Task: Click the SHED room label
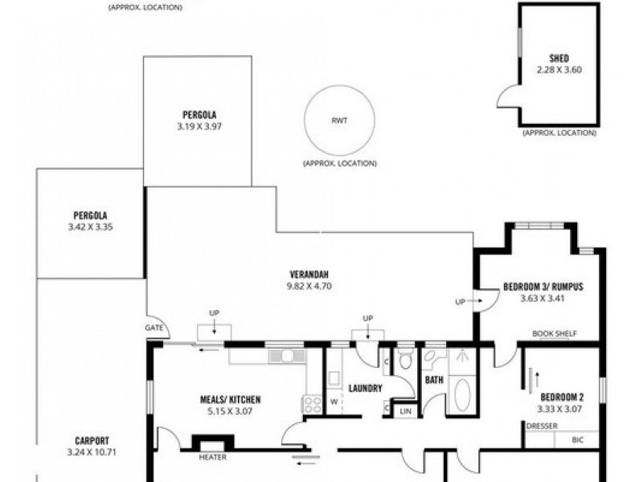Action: coord(559,58)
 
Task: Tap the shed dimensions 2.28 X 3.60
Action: coord(559,70)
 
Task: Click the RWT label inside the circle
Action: coord(339,120)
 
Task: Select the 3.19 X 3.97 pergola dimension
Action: coord(199,127)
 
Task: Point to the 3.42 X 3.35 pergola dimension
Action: coord(90,227)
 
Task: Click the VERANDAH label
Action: coord(309,274)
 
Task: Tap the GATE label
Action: coord(154,328)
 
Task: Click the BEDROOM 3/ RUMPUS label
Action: coord(543,287)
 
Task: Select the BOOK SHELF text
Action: coord(555,333)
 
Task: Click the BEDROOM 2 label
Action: coord(562,397)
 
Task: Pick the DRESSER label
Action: coord(542,427)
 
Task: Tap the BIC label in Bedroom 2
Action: coord(577,440)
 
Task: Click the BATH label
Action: coord(434,380)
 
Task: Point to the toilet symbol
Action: coord(406,359)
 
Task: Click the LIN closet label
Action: coord(405,411)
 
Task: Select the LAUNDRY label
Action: coord(365,388)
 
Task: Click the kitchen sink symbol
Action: coord(287,355)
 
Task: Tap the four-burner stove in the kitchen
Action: coord(312,404)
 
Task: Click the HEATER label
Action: coord(212,457)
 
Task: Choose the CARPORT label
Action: coord(92,441)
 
